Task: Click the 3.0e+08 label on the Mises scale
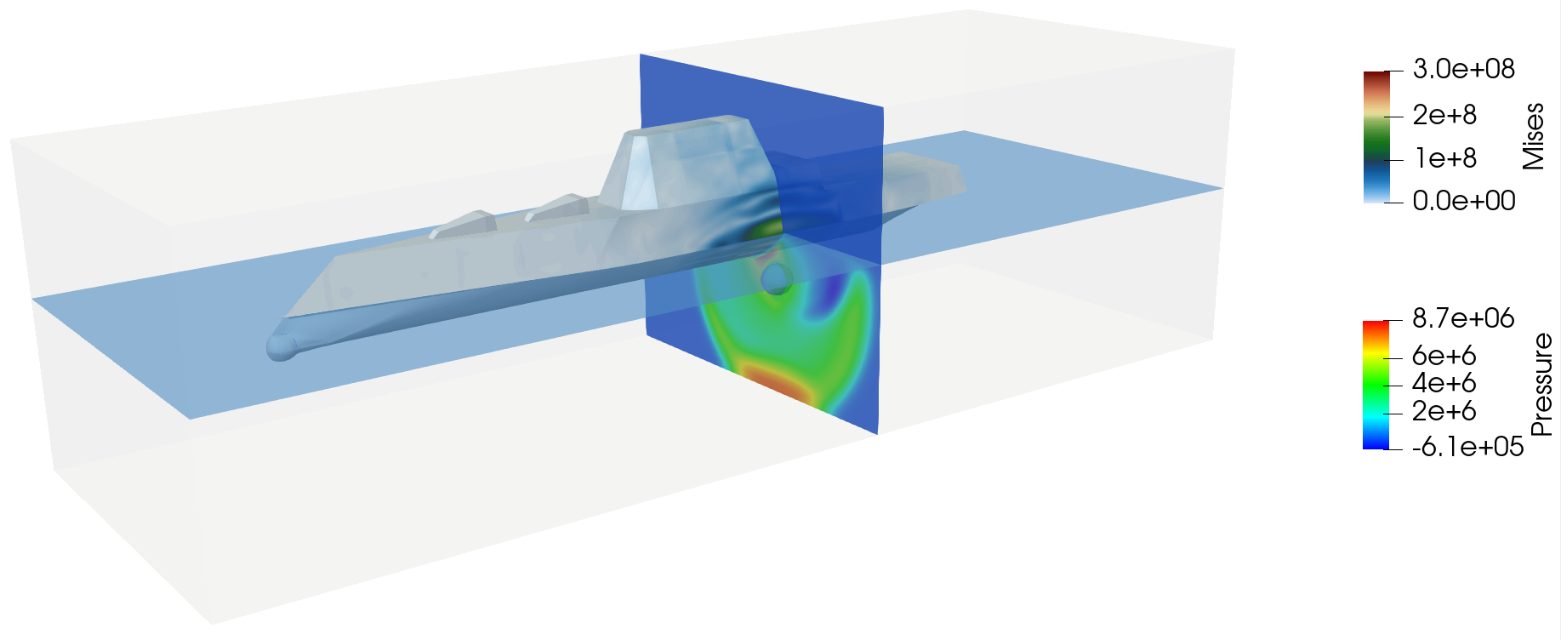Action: point(1463,69)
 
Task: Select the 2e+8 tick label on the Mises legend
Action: point(1444,115)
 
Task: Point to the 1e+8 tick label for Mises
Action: point(1444,158)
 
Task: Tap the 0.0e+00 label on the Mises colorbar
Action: point(1464,201)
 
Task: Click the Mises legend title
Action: point(1533,136)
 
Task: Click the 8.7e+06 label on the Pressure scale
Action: point(1463,318)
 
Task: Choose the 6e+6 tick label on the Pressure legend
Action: point(1444,356)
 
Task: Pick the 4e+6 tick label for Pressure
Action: point(1444,383)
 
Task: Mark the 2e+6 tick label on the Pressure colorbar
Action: point(1444,411)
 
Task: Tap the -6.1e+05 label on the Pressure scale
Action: point(1467,446)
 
